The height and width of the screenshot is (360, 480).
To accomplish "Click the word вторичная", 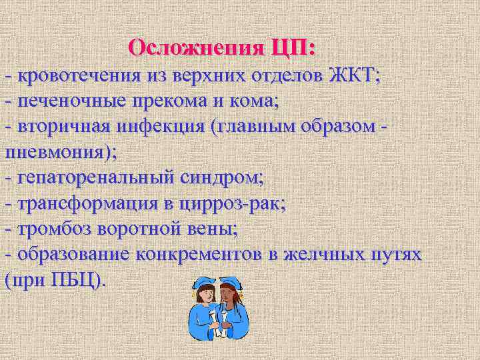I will tap(64, 127).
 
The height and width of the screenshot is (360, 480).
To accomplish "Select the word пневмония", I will tap(57, 152).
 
